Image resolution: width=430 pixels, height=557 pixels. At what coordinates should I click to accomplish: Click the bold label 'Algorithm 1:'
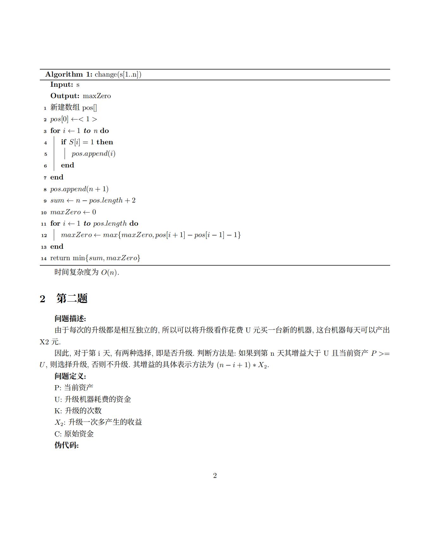pyautogui.click(x=69, y=74)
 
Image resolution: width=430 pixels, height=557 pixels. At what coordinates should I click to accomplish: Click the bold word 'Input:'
pyautogui.click(x=62, y=84)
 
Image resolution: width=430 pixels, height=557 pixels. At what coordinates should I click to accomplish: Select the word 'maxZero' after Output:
pyautogui.click(x=97, y=96)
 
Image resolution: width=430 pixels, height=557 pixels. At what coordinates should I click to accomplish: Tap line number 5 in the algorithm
pyautogui.click(x=46, y=154)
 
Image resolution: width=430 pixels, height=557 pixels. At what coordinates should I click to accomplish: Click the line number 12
pyautogui.click(x=44, y=235)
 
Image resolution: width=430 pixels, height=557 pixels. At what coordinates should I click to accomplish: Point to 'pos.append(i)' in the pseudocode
pyautogui.click(x=93, y=154)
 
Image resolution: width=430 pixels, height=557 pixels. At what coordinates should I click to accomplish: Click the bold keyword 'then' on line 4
pyautogui.click(x=105, y=142)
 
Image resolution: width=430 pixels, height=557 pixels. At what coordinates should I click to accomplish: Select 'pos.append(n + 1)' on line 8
pyautogui.click(x=79, y=189)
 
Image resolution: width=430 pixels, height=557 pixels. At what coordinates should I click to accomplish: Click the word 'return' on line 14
pyautogui.click(x=60, y=258)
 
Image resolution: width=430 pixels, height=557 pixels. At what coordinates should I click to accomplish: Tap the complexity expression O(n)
pyautogui.click(x=110, y=272)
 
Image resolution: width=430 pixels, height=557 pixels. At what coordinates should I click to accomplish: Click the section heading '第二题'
pyautogui.click(x=72, y=298)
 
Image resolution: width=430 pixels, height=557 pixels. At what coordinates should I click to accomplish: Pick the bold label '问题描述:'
pyautogui.click(x=70, y=319)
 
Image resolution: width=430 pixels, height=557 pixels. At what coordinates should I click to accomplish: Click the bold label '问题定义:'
pyautogui.click(x=70, y=376)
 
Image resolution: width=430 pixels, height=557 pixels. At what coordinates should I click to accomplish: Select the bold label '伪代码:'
pyautogui.click(x=66, y=445)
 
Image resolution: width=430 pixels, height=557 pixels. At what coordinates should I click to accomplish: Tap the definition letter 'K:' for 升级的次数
pyautogui.click(x=58, y=411)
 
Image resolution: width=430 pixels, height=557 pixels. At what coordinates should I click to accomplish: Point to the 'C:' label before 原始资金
pyautogui.click(x=58, y=434)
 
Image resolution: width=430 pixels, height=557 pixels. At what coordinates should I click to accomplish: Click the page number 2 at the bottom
pyautogui.click(x=215, y=476)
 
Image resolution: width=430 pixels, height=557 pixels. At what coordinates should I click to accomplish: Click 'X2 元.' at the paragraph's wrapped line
pyautogui.click(x=50, y=342)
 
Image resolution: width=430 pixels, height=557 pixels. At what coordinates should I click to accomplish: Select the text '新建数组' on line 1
pyautogui.click(x=65, y=108)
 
